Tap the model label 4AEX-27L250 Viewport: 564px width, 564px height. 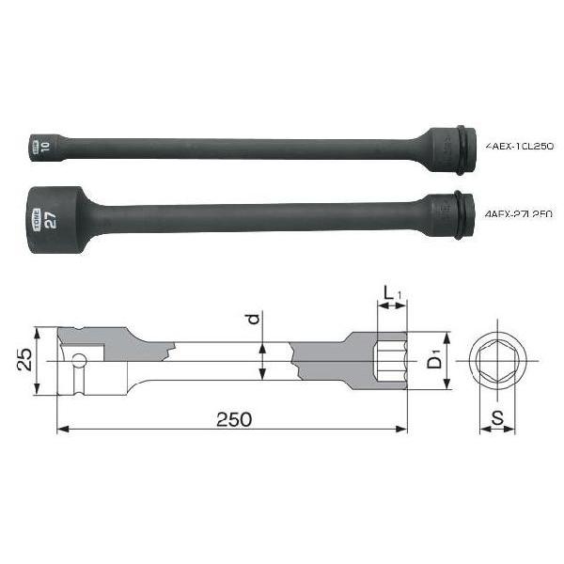click(520, 214)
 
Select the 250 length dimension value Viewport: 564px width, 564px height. click(233, 419)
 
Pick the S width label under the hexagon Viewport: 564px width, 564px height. click(497, 415)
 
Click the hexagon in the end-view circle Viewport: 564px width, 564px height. click(497, 360)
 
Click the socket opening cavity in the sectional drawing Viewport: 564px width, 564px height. click(390, 360)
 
